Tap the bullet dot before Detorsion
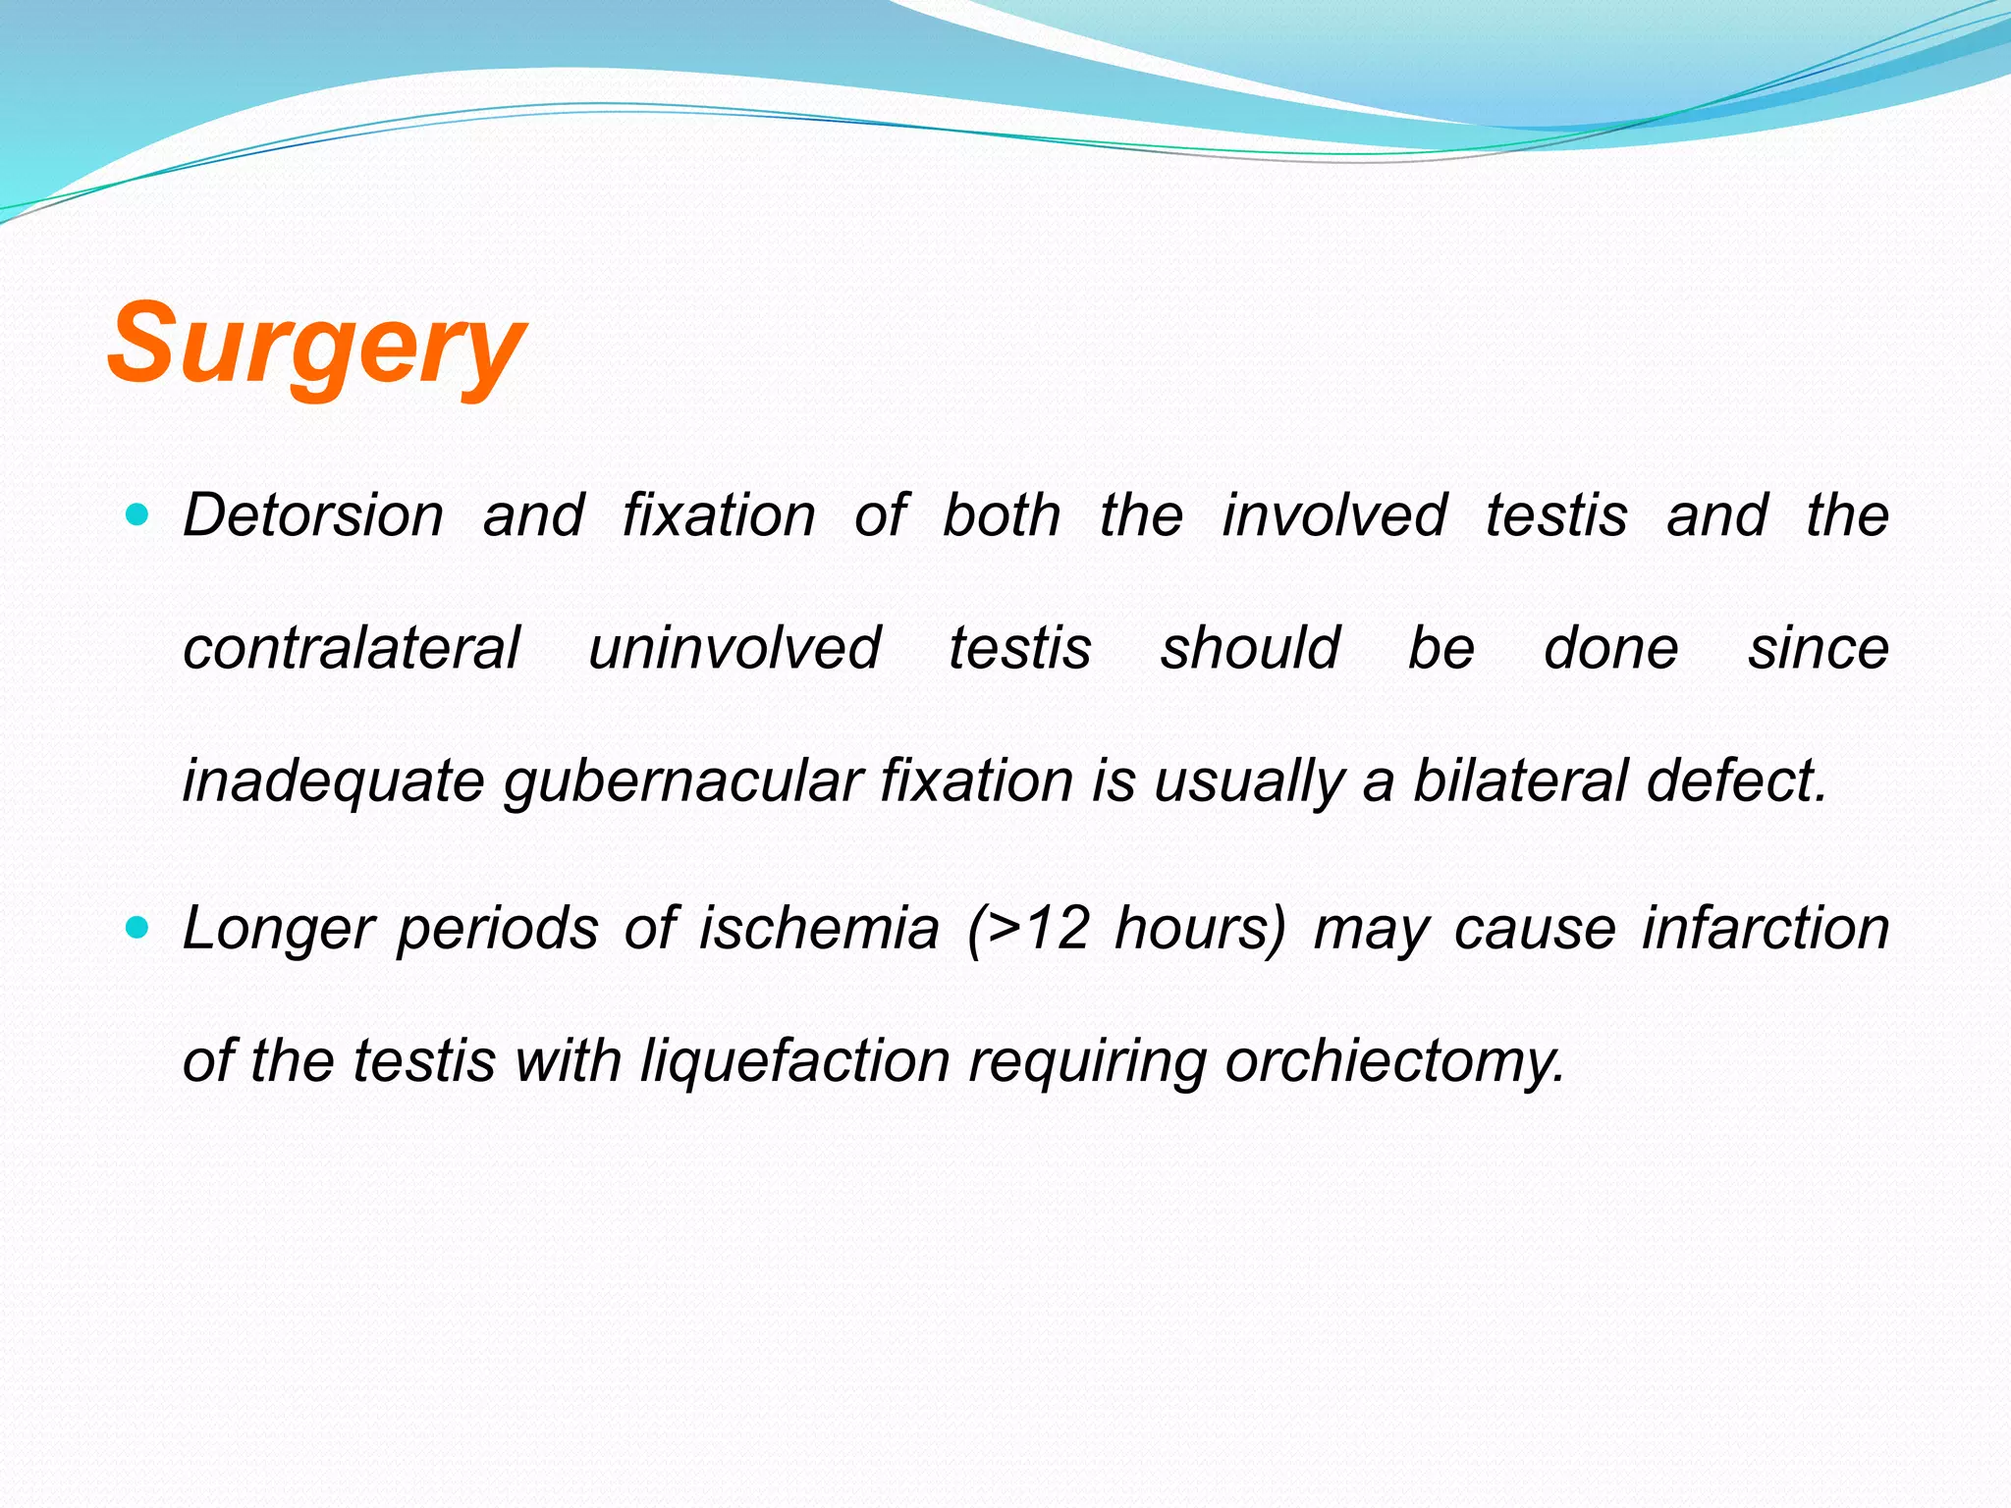pyautogui.click(x=138, y=513)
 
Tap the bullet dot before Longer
pyautogui.click(x=138, y=926)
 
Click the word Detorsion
pyautogui.click(x=313, y=515)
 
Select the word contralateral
pyautogui.click(x=351, y=649)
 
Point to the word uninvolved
pyautogui.click(x=734, y=649)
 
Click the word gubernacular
pyautogui.click(x=682, y=782)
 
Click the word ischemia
pyautogui.click(x=819, y=929)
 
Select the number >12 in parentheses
pyautogui.click(x=1042, y=929)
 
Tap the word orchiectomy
pyautogui.click(x=1394, y=1062)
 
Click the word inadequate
pyautogui.click(x=334, y=782)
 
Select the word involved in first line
pyautogui.click(x=1333, y=515)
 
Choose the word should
pyautogui.click(x=1249, y=649)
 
